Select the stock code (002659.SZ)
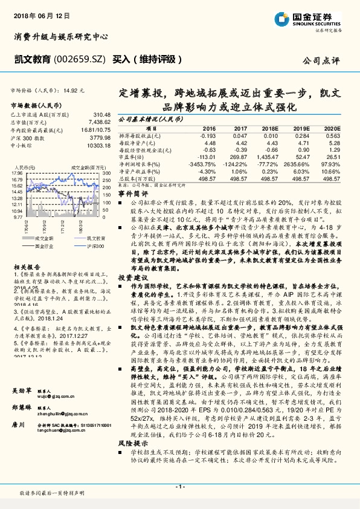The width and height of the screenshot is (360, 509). pyautogui.click(x=79, y=59)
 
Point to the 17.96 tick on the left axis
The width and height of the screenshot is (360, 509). pyautogui.click(x=16, y=172)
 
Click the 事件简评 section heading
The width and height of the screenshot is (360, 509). pyautogui.click(x=132, y=193)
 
